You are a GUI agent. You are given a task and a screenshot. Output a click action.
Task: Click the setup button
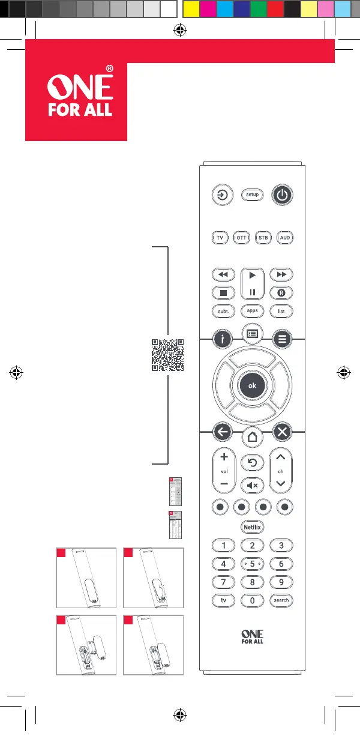(x=252, y=195)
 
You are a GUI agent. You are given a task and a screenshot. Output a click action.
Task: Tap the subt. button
(x=223, y=312)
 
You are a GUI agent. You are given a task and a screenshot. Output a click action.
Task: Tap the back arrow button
(x=223, y=431)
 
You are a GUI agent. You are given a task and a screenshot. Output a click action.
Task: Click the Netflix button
(x=252, y=526)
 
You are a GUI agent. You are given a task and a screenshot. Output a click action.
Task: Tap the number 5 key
(x=252, y=564)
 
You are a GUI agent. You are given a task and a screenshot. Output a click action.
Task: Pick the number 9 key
(x=281, y=582)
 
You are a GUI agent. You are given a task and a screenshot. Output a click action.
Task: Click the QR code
(x=167, y=356)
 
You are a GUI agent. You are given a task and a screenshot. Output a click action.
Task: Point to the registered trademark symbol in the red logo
(x=109, y=69)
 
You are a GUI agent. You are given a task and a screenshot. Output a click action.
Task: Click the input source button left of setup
(x=223, y=195)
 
